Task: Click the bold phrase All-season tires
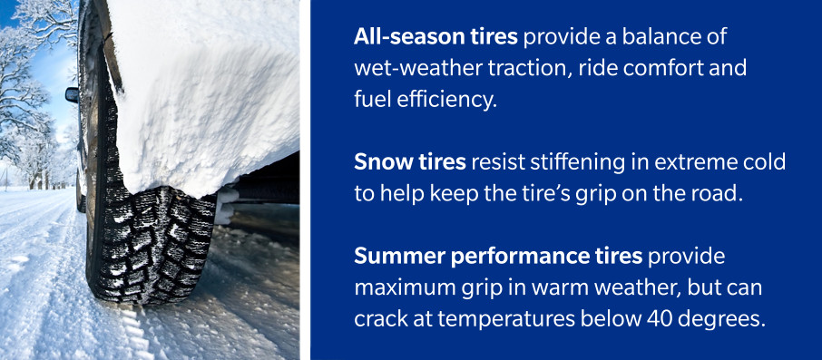422,39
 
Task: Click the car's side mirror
72,94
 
